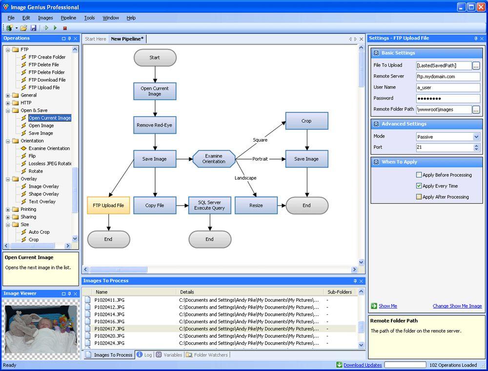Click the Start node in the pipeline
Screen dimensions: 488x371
pyautogui.click(x=155, y=58)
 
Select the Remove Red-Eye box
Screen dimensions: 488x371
pyautogui.click(x=155, y=125)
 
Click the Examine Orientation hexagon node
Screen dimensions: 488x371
pyautogui.click(x=214, y=159)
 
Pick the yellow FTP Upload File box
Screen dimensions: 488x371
pyautogui.click(x=108, y=206)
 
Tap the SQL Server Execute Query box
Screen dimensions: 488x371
pyautogui.click(x=209, y=206)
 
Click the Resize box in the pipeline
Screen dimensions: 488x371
pyautogui.click(x=256, y=206)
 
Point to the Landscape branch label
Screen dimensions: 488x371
pyautogui.click(x=245, y=178)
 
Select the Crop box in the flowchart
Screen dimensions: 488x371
pyautogui.click(x=306, y=121)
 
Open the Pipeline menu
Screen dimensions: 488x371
pyautogui.click(x=68, y=18)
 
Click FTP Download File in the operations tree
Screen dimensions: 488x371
pyautogui.click(x=47, y=80)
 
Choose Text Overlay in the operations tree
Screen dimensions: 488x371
pyautogui.click(x=42, y=202)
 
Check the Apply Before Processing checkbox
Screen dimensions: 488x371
pyautogui.click(x=419, y=175)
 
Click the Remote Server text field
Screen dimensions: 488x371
pyautogui.click(x=448, y=77)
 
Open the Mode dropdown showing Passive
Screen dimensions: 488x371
pyautogui.click(x=448, y=137)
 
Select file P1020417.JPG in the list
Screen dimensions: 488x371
pyautogui.click(x=109, y=329)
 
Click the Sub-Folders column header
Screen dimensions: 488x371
pyautogui.click(x=340, y=292)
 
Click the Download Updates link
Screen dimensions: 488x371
pyautogui.click(x=363, y=365)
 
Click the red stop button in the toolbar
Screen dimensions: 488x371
pyautogui.click(x=65, y=28)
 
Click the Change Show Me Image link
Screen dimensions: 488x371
pyautogui.click(x=457, y=306)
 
